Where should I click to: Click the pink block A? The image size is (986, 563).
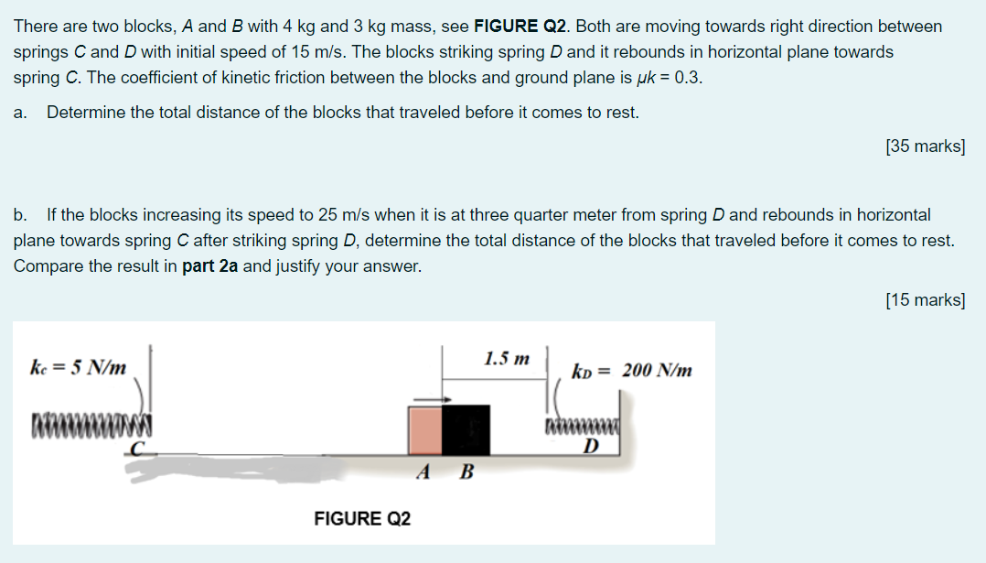[425, 429]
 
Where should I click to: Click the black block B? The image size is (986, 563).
[466, 429]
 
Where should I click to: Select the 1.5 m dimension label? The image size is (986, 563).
[507, 357]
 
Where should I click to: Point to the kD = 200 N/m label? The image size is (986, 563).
[631, 371]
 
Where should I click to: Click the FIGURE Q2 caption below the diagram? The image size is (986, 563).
[362, 519]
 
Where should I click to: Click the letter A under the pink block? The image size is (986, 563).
[423, 473]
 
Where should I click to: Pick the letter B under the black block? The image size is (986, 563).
[466, 473]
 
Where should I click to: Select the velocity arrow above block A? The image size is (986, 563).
[430, 399]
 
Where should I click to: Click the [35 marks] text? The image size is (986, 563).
[926, 146]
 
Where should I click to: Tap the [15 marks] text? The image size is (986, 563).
[926, 299]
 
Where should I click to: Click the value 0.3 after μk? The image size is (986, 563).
[690, 78]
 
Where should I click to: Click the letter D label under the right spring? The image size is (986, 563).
[591, 446]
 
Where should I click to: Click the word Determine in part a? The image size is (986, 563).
[85, 113]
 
